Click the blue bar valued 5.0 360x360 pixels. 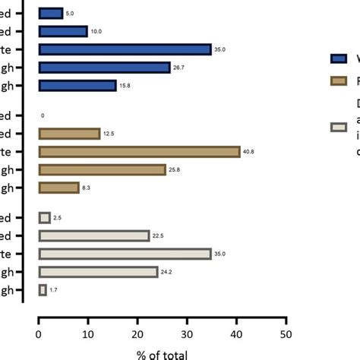pyautogui.click(x=51, y=14)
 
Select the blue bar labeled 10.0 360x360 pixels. pyautogui.click(x=63, y=31)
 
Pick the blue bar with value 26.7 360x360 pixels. pyautogui.click(x=104, y=68)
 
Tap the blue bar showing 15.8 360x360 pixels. pyautogui.click(x=77, y=86)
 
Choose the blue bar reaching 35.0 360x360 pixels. pyautogui.click(x=125, y=49)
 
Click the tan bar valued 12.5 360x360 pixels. pyautogui.click(x=69, y=134)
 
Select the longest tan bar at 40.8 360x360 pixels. pyautogui.click(x=139, y=152)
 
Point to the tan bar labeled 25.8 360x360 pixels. pyautogui.click(x=102, y=169)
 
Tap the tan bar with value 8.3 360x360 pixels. pyautogui.click(x=58, y=188)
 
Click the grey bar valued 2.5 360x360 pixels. pyautogui.click(x=45, y=218)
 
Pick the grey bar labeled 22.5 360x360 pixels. pyautogui.click(x=94, y=236)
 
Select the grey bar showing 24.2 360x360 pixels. pyautogui.click(x=98, y=272)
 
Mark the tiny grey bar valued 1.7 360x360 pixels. pyautogui.click(x=43, y=290)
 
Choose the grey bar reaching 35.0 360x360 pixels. pyautogui.click(x=125, y=254)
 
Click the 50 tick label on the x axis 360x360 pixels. pyautogui.click(x=286, y=331)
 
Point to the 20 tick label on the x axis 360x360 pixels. pyautogui.click(x=137, y=331)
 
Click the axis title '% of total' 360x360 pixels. pyautogui.click(x=163, y=352)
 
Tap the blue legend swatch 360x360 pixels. pyautogui.click(x=339, y=58)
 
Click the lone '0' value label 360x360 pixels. pyautogui.click(x=43, y=116)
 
